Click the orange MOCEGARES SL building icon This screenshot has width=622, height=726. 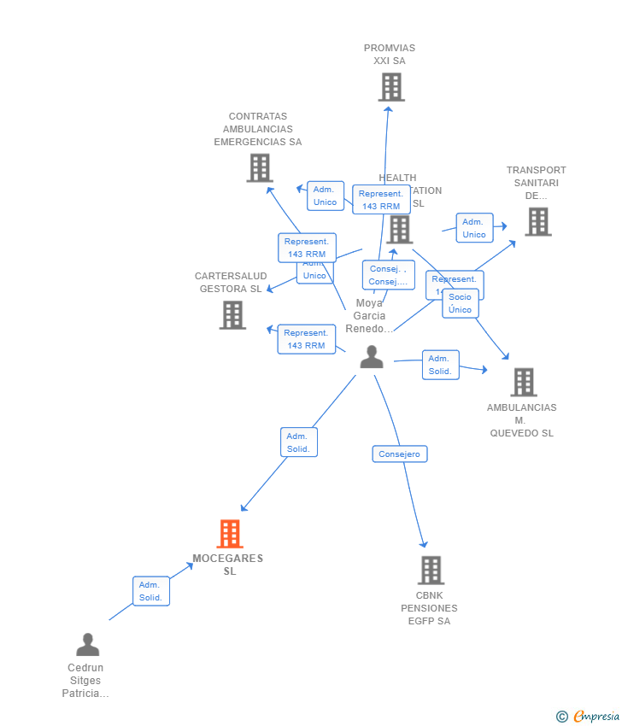point(230,534)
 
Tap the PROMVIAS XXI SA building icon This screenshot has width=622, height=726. point(391,87)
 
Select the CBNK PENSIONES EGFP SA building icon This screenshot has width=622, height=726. point(431,570)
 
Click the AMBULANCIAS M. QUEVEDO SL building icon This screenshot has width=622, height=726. point(524,382)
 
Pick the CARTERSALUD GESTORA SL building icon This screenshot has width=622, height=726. point(232,314)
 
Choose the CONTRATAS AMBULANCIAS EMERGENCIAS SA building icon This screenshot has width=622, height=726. point(259,167)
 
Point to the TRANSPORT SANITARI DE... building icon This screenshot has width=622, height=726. point(537,221)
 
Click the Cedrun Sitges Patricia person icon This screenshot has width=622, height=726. point(87,645)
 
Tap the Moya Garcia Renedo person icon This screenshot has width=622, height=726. point(372,357)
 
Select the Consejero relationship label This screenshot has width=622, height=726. point(400,454)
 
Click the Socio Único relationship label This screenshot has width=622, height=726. point(461,304)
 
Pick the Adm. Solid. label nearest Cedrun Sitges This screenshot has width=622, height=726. point(151,591)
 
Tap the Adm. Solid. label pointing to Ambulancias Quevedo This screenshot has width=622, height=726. point(440,365)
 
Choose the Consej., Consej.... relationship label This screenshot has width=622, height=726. point(388,275)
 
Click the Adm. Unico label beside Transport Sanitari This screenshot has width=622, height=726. point(474,228)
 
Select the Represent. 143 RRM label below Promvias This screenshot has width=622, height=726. point(381,200)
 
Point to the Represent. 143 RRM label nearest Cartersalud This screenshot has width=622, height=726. point(306,339)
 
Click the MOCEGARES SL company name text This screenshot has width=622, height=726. point(228,565)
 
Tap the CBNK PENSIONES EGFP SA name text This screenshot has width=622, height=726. point(430,608)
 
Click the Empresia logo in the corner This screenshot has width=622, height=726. point(589,717)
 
